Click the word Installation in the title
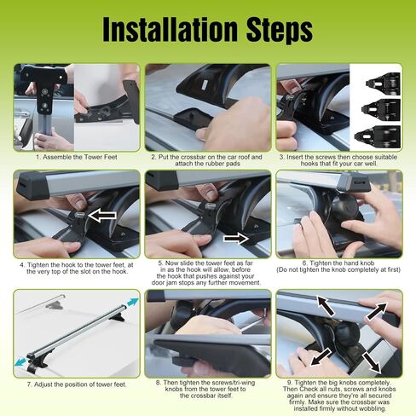[x=170, y=29]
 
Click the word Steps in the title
[x=280, y=30]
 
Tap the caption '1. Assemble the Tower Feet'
[x=77, y=157]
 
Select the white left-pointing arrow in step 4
[x=102, y=216]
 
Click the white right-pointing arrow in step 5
[x=236, y=238]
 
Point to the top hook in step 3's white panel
[x=384, y=82]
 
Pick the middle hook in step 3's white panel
[x=381, y=108]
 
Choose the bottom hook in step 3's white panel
[x=378, y=136]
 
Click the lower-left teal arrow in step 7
[x=20, y=361]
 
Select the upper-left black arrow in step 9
[x=326, y=305]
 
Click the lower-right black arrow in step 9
[x=371, y=362]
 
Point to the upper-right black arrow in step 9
[x=377, y=311]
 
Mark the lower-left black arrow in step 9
[x=321, y=357]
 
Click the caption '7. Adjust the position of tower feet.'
[x=77, y=384]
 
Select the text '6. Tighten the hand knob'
[x=338, y=263]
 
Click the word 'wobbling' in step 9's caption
[x=372, y=408]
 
